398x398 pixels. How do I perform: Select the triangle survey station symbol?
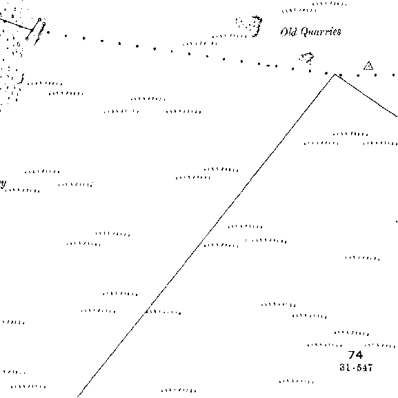[x=368, y=66]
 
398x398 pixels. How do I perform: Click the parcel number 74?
[x=355, y=355]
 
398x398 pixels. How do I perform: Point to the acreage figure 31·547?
[x=356, y=367]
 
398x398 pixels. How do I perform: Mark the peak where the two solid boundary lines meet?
[x=335, y=74]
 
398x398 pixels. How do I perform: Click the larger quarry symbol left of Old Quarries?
[x=249, y=26]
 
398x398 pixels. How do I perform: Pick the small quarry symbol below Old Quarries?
[x=307, y=58]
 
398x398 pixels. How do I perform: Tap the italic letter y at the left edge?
[x=3, y=183]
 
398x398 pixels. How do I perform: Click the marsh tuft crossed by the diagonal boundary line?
[x=163, y=312]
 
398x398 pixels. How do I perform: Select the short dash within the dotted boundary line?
[x=268, y=66]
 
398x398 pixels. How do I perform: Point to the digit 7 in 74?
[x=351, y=355]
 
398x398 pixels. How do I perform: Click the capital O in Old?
[x=284, y=32]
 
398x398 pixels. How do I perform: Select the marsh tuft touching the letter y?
[x=22, y=190]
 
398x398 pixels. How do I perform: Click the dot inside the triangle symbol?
[x=368, y=67]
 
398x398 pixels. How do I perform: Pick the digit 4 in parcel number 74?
[x=359, y=355]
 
